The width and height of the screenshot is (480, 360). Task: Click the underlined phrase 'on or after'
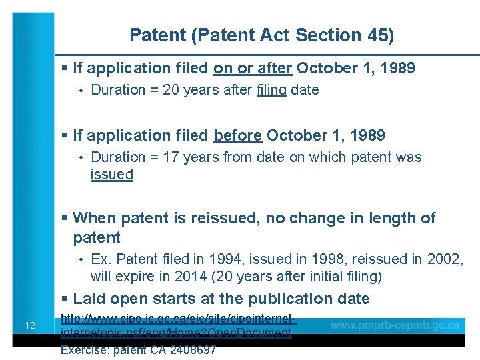coord(253,68)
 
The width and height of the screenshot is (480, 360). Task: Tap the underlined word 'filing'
coord(271,90)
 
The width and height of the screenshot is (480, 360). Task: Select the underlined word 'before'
coord(237,136)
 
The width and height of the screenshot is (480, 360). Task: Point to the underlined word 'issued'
coord(112,175)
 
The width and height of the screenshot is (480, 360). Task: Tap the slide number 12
coord(30,326)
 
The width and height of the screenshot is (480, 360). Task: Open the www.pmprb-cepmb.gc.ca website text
coord(395,325)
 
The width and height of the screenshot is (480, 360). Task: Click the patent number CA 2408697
coord(184,350)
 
